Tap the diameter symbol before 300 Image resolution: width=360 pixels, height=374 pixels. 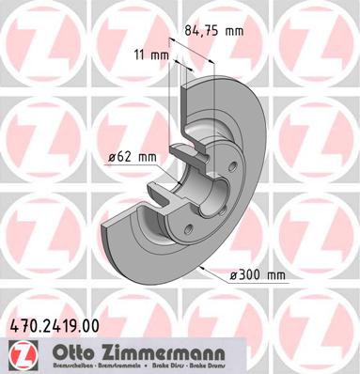coord(235,274)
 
